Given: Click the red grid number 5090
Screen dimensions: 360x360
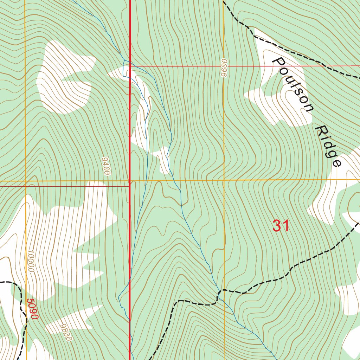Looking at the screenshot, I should click(x=32, y=309).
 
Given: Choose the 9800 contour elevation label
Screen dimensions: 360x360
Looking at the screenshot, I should click(x=65, y=332).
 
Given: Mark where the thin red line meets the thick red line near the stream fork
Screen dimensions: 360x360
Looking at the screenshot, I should click(x=130, y=66).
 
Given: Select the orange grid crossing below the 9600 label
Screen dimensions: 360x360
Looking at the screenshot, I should click(x=224, y=180).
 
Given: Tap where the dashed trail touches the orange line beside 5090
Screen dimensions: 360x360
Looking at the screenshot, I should click(x=26, y=318).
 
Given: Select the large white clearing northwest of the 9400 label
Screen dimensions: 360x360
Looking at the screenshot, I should click(x=65, y=77).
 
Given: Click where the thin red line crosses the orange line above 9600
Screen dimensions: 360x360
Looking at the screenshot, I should click(x=224, y=66).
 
